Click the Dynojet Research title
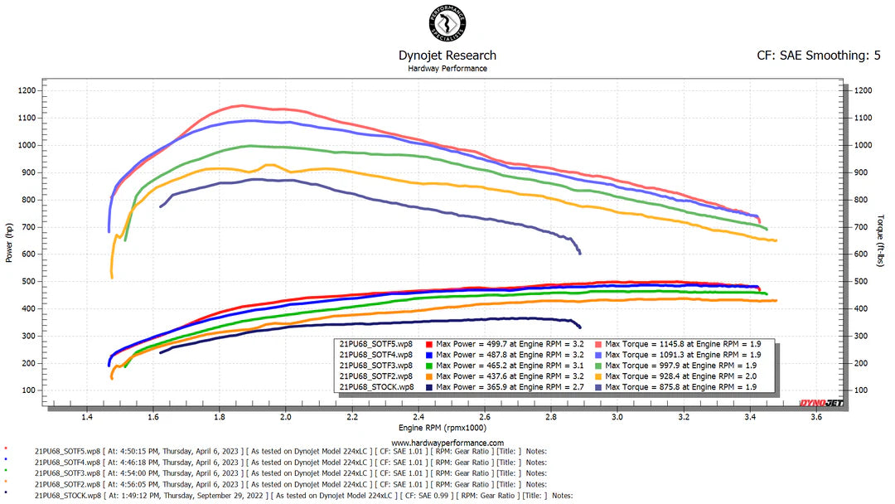pos(447,56)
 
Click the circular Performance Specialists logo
pos(447,24)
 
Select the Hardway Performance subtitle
pos(447,69)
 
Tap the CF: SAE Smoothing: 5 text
pos(818,56)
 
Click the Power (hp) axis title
pos(9,242)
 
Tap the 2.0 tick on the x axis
pos(286,418)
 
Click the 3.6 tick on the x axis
pos(816,418)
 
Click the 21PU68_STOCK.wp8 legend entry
pos(376,387)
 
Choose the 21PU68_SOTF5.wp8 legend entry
pos(376,343)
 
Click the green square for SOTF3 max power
pos(428,365)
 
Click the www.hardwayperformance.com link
pos(447,443)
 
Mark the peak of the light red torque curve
pos(241,105)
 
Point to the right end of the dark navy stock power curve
pos(579,327)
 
